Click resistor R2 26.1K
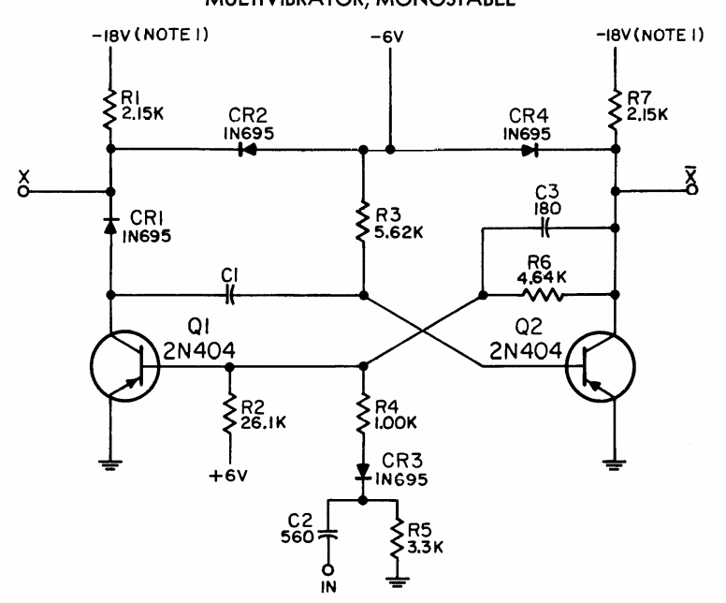(227, 413)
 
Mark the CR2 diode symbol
(246, 148)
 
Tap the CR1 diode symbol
(111, 225)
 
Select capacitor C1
(229, 295)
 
